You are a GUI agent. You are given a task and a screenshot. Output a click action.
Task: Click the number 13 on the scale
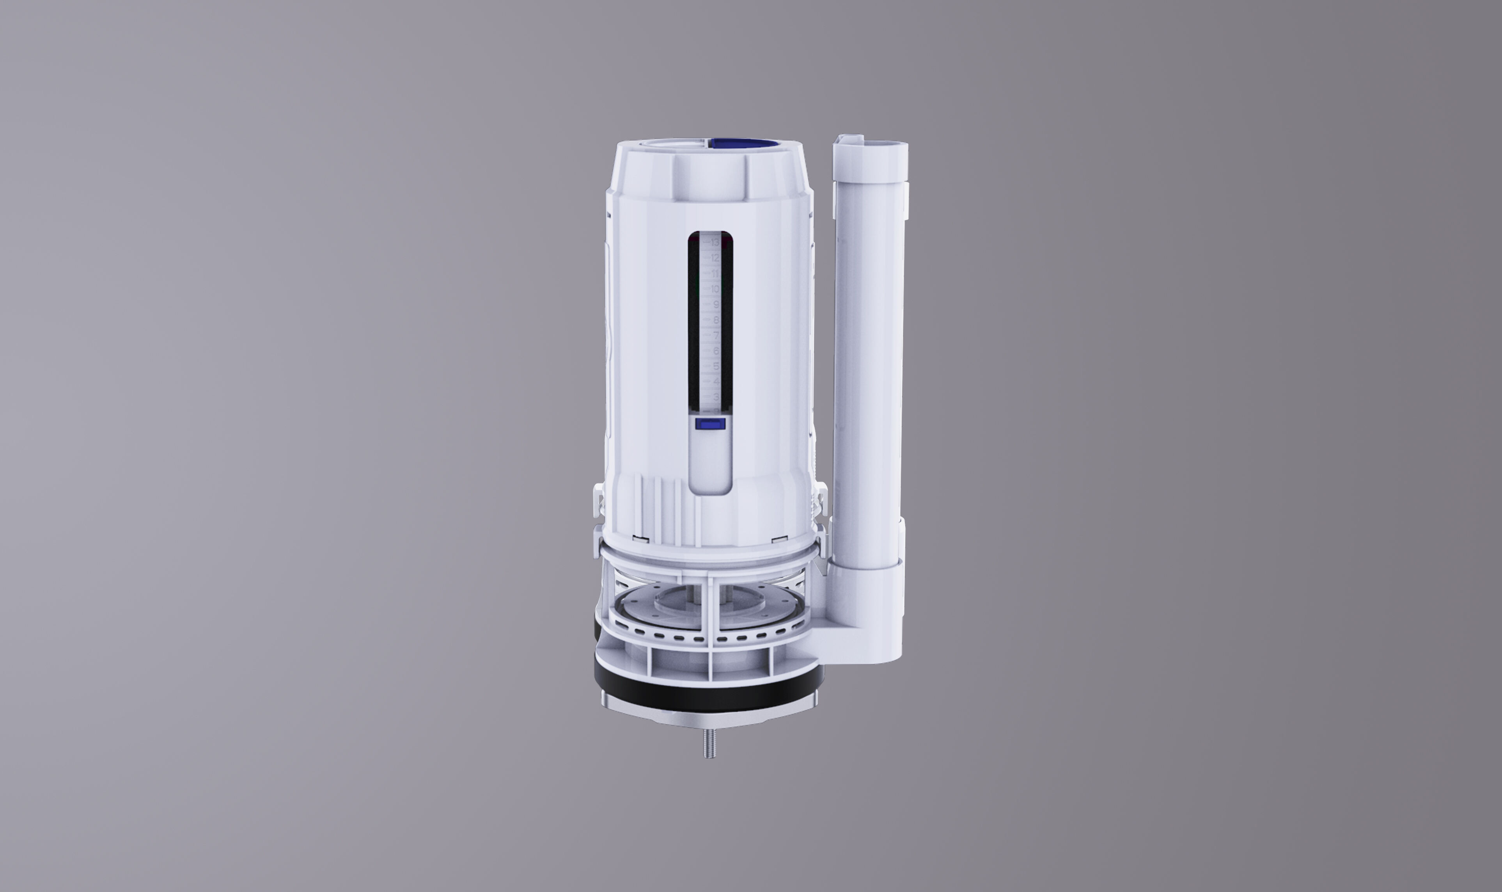715,242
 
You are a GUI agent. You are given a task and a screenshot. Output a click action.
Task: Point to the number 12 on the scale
715,258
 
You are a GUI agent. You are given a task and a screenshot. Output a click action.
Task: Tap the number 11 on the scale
715,274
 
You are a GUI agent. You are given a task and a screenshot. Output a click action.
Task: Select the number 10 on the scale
715,289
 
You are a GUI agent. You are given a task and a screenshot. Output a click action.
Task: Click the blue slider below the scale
710,424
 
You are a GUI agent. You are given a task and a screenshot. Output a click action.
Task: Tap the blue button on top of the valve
743,144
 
